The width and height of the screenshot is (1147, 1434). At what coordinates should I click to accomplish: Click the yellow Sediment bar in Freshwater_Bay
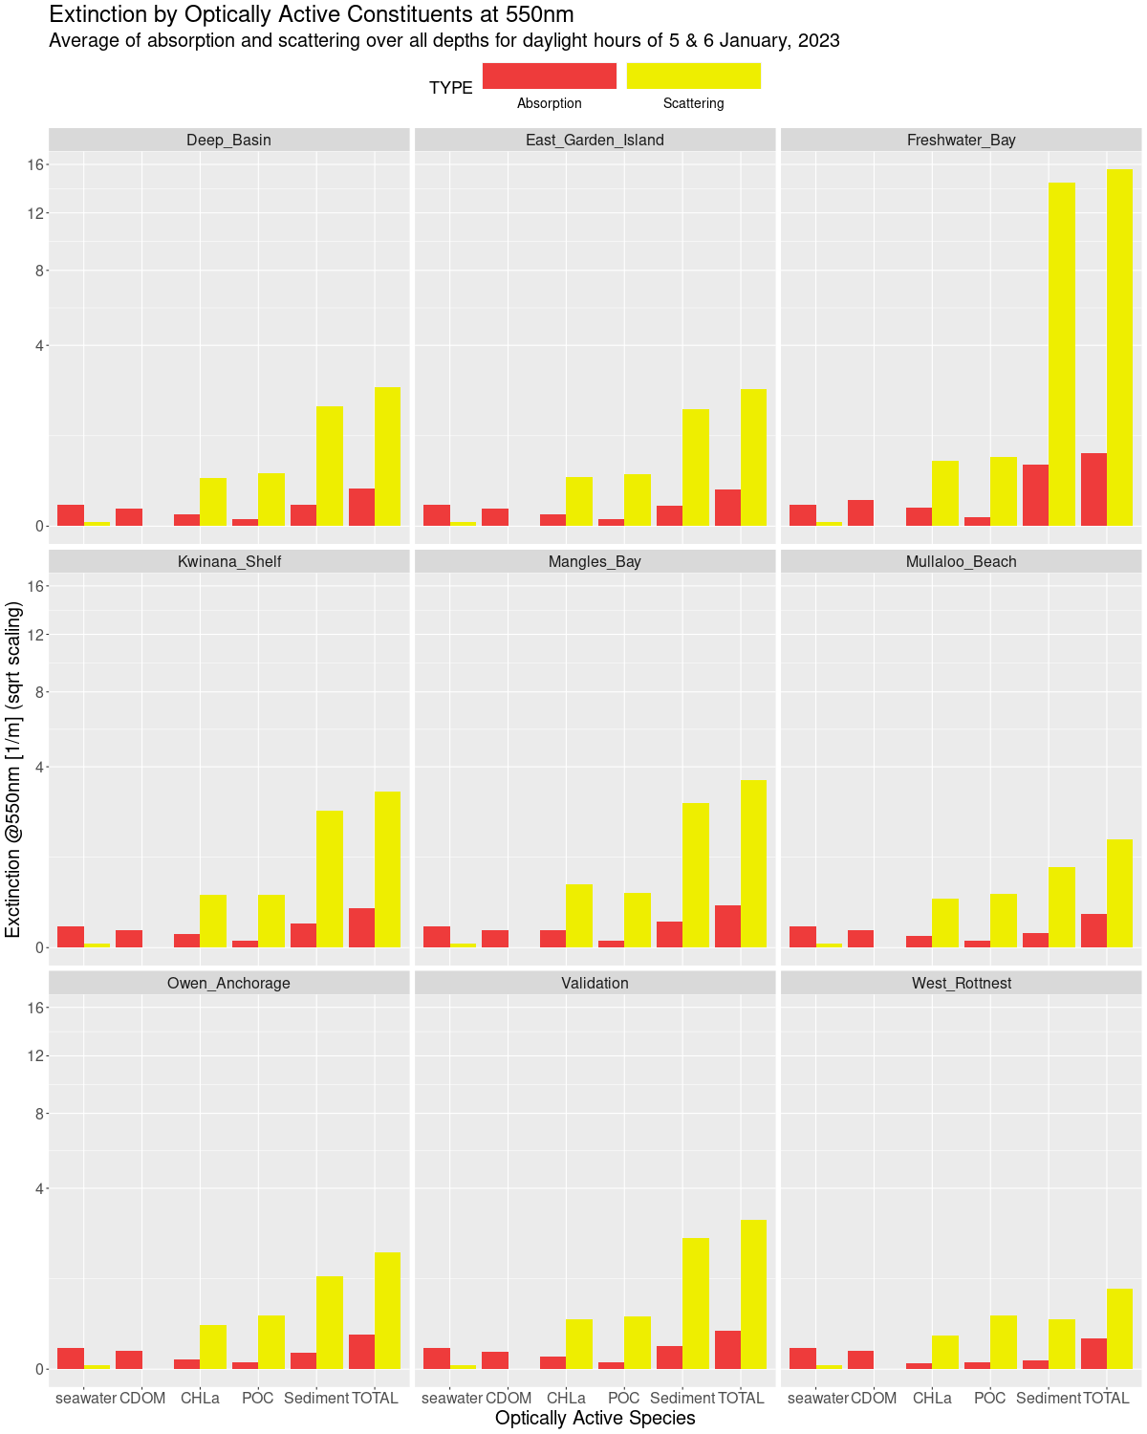1062,354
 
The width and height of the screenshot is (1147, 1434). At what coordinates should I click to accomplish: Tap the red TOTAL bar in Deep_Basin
361,507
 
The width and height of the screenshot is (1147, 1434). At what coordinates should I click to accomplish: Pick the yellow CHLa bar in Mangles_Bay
579,916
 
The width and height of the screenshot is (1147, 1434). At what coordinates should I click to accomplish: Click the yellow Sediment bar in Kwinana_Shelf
330,879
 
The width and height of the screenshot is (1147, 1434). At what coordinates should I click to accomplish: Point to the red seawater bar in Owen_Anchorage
71,1358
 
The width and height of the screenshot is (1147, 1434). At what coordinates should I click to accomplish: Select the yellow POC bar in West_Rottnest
1004,1342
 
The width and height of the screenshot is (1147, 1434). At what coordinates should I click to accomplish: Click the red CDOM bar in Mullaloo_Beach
860,939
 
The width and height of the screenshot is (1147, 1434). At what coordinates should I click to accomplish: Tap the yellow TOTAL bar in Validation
753,1294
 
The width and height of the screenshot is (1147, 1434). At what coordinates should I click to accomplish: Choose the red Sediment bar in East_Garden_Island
669,515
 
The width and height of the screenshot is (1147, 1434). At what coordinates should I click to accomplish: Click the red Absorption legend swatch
550,76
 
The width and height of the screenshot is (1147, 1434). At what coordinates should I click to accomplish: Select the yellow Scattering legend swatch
694,76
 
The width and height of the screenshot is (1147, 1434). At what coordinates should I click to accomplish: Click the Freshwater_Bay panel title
961,140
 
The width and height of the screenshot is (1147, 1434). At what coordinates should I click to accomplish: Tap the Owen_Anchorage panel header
228,983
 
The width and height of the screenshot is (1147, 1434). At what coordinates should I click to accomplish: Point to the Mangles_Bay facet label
595,561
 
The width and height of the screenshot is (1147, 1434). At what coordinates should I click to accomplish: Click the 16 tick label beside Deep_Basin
36,164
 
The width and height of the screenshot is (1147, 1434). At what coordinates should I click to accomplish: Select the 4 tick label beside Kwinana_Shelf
41,767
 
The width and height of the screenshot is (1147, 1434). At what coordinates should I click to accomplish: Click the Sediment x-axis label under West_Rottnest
1049,1398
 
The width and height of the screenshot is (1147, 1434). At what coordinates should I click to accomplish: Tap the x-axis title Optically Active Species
595,1418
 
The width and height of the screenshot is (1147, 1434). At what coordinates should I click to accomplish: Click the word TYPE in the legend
451,88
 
